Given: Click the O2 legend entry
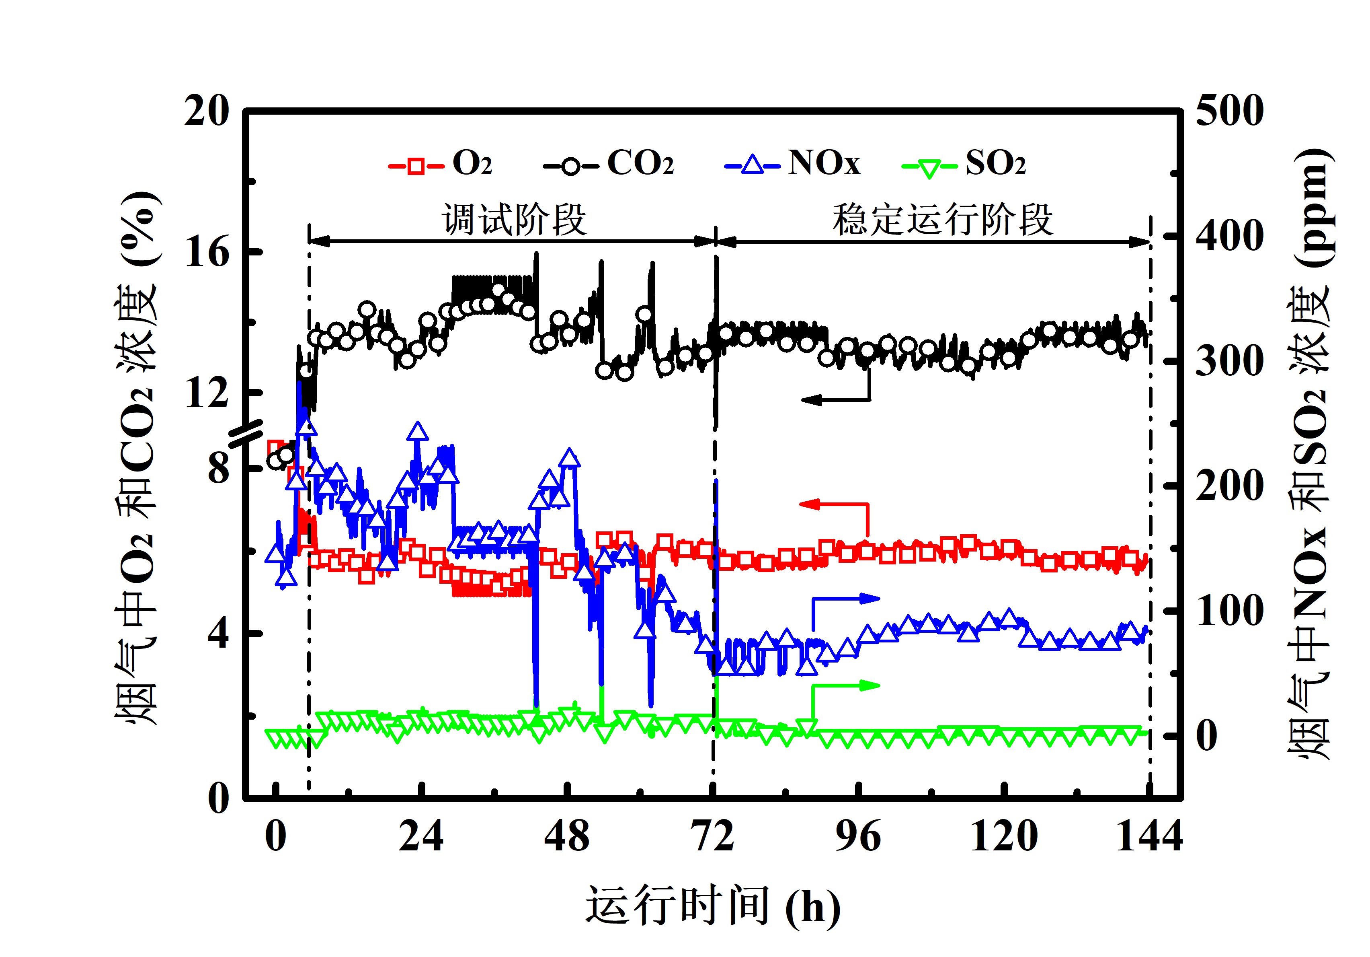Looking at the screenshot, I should [x=441, y=163].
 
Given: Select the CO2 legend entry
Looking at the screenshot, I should [x=609, y=163].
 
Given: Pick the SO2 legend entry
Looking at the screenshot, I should [x=964, y=163].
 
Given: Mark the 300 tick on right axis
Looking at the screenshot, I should [x=1229, y=360].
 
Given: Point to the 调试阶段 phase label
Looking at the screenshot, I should [x=514, y=219].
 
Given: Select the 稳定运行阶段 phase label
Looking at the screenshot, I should [x=942, y=219].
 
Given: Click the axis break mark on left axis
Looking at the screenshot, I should [x=246, y=433].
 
